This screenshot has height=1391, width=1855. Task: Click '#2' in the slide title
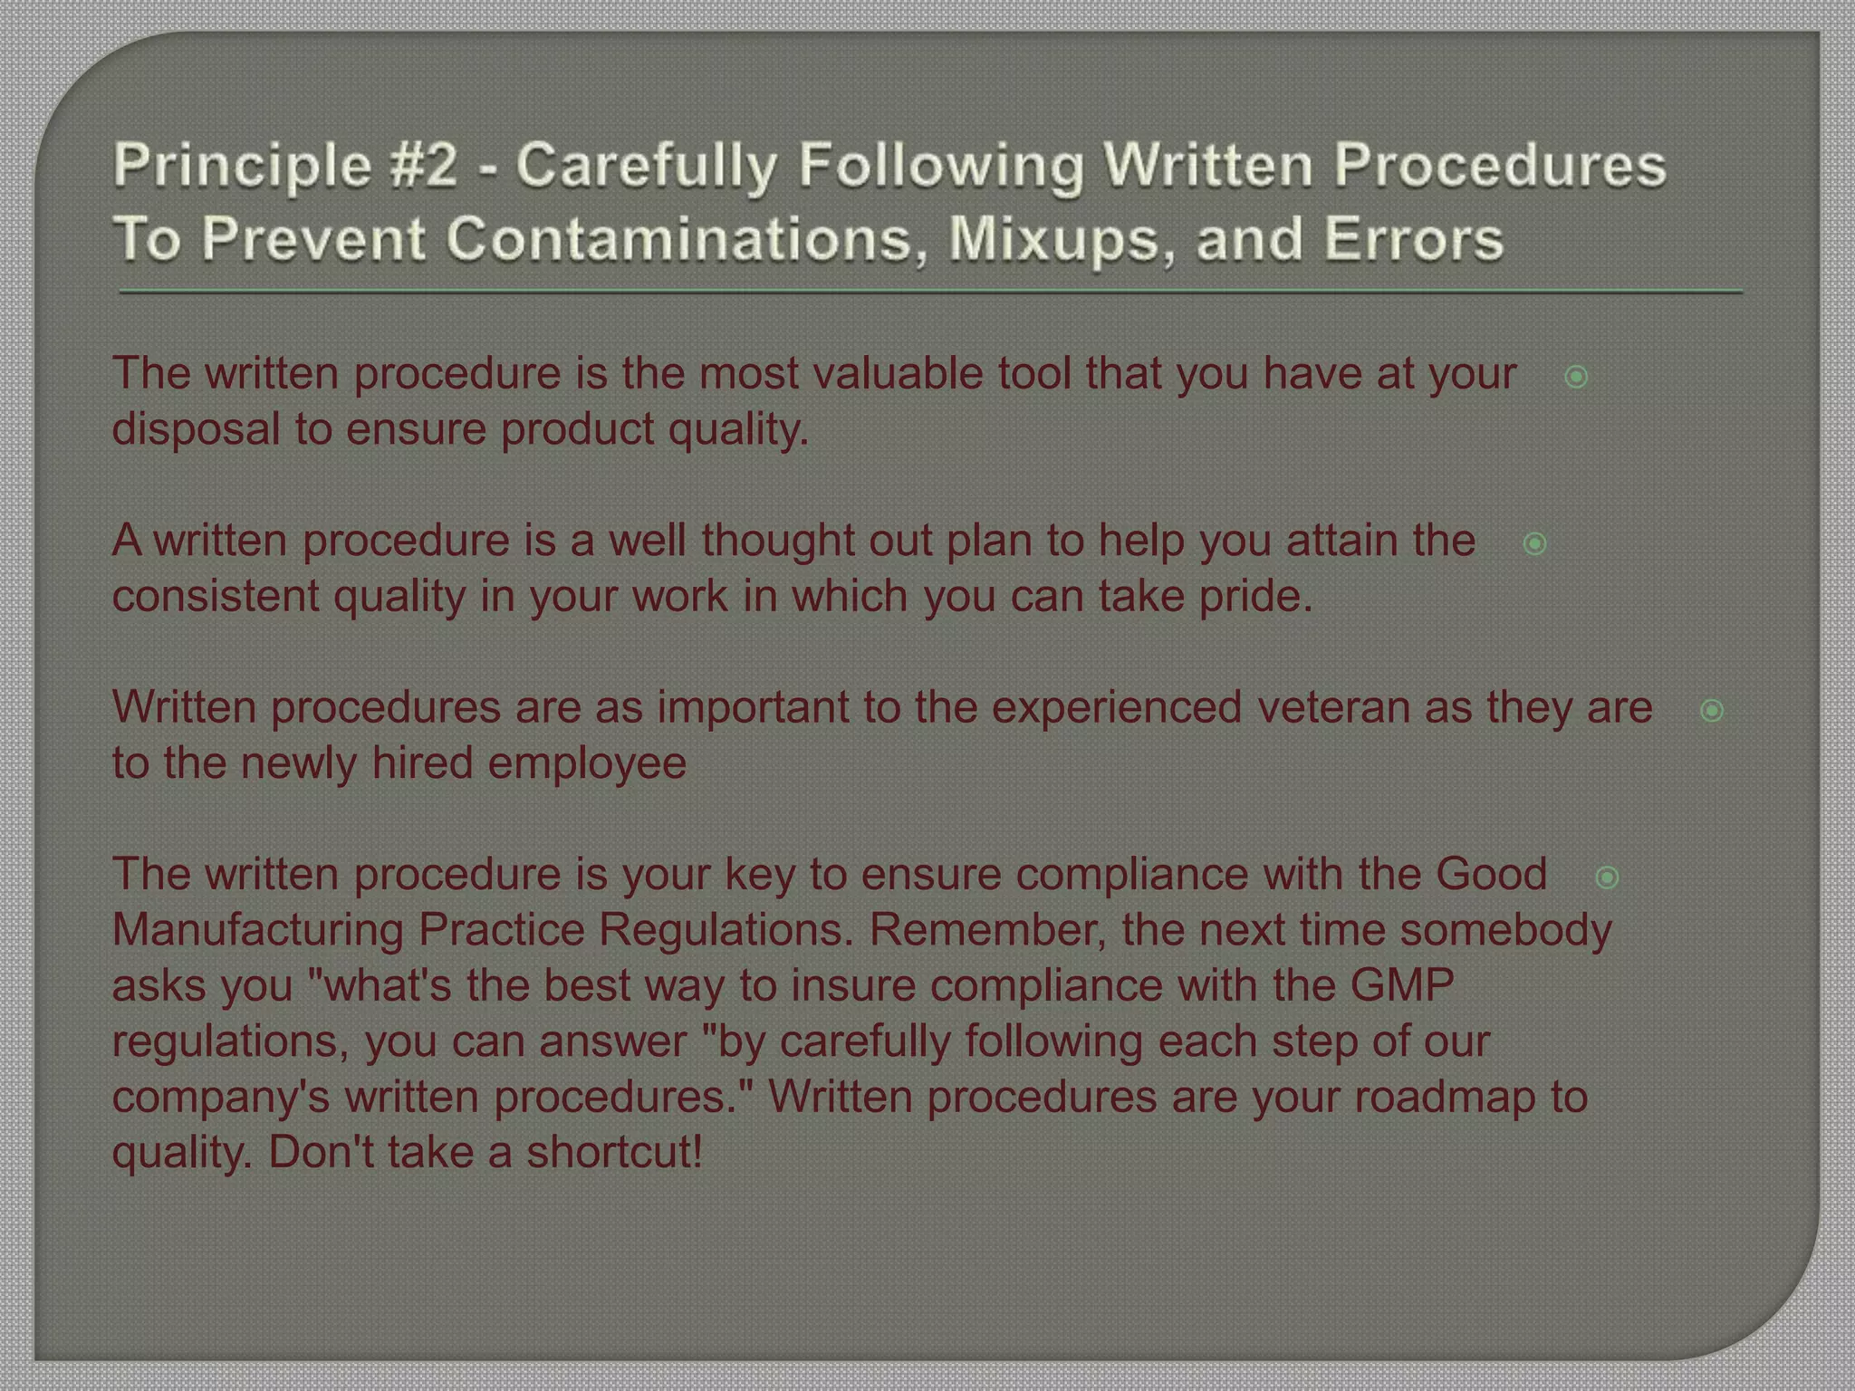pyautogui.click(x=425, y=166)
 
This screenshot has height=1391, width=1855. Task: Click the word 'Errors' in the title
pyautogui.click(x=1413, y=239)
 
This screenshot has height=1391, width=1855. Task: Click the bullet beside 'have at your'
pyautogui.click(x=1576, y=377)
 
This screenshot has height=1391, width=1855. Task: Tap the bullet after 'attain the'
pyautogui.click(x=1534, y=543)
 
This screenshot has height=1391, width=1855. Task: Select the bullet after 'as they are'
pyautogui.click(x=1712, y=710)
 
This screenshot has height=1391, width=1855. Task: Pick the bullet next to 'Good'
pyautogui.click(x=1608, y=877)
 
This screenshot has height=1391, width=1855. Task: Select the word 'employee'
pyautogui.click(x=587, y=763)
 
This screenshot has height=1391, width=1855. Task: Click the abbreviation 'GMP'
pyautogui.click(x=1402, y=985)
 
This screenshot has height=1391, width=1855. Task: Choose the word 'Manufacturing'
pyautogui.click(x=257, y=930)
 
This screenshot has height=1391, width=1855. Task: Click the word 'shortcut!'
pyautogui.click(x=615, y=1153)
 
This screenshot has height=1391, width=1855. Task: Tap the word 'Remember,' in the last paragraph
pyautogui.click(x=987, y=930)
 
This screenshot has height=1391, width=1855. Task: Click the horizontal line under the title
pyautogui.click(x=931, y=292)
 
